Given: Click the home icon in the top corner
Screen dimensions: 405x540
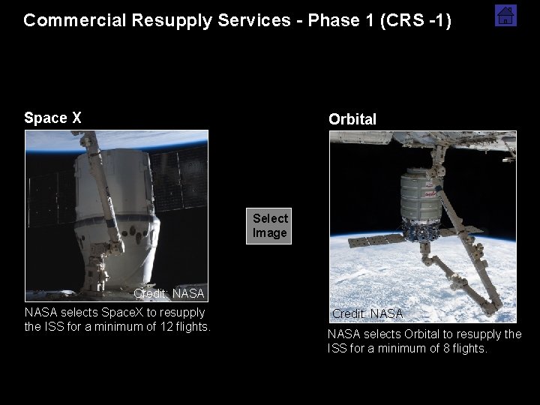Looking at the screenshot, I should [x=505, y=15].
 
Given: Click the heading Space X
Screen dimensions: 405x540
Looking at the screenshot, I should [x=52, y=118].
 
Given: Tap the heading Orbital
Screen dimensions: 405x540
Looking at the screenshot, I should [x=352, y=119].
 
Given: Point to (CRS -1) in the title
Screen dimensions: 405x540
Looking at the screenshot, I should [x=415, y=20].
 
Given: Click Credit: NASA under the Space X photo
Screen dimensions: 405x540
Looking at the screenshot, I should [x=169, y=293].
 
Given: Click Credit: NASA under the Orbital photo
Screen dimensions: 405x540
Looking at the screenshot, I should [x=367, y=313].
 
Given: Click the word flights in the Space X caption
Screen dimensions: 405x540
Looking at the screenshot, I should [x=192, y=326].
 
